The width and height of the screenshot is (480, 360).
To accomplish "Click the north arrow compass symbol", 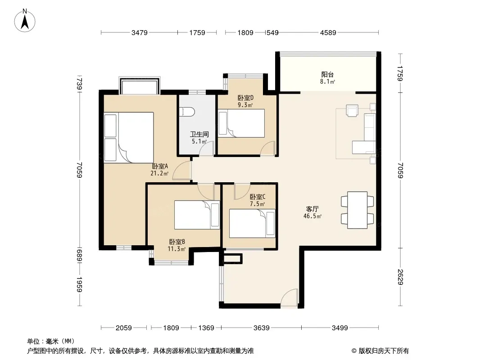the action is (25, 21).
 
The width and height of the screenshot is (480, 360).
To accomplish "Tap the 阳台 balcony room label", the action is (327, 74).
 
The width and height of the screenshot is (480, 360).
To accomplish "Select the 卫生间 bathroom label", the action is (199, 134).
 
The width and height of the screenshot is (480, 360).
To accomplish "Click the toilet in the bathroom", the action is (187, 112).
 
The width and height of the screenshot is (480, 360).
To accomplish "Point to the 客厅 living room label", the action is (312, 209).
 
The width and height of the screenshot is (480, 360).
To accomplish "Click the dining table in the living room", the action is (357, 210).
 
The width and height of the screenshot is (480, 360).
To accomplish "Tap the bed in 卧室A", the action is (129, 138).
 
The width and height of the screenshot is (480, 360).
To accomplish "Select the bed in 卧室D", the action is (241, 123).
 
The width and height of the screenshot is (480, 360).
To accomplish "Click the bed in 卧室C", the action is (252, 223).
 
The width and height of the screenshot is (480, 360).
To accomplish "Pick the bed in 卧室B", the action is (197, 215).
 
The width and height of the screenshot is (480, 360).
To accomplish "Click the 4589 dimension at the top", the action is (328, 32).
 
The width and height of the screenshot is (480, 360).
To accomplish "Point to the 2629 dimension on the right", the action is (400, 276).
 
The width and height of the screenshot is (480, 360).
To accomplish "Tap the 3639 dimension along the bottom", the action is (262, 328).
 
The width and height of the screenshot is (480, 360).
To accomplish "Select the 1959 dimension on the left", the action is (79, 284).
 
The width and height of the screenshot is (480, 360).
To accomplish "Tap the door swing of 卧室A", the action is (182, 171).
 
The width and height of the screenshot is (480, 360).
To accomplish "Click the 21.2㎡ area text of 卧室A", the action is (159, 173).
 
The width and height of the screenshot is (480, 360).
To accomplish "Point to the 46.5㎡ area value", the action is (312, 216).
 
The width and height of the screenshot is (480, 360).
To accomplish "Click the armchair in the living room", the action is (352, 110).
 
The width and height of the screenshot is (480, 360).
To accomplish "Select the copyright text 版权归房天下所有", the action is (383, 351).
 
